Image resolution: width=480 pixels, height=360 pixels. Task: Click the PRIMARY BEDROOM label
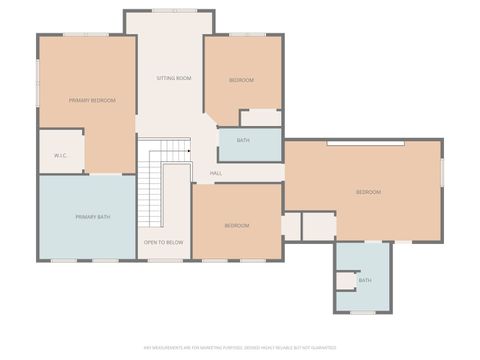click(92, 101)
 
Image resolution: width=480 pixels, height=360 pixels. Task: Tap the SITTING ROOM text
click(174, 78)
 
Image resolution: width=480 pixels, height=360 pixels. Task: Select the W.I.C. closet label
click(60, 156)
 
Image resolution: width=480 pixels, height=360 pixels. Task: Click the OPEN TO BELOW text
click(163, 242)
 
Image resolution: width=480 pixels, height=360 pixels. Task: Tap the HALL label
click(216, 173)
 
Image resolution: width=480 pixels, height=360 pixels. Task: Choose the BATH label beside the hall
click(243, 141)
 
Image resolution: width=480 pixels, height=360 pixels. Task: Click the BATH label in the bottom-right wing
click(365, 280)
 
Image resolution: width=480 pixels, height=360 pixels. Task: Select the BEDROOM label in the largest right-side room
click(368, 192)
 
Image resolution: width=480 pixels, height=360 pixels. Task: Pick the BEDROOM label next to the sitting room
click(241, 80)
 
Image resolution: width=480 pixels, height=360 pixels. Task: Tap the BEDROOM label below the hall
click(237, 226)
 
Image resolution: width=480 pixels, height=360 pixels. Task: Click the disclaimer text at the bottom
click(240, 349)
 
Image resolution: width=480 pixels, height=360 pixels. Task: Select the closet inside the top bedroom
click(260, 118)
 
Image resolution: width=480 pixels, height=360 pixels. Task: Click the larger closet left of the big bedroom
click(319, 226)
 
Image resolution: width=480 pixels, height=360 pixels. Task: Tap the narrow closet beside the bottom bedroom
click(290, 226)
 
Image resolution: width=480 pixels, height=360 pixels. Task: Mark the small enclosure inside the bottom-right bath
click(347, 281)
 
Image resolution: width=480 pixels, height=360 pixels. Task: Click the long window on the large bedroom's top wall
click(365, 143)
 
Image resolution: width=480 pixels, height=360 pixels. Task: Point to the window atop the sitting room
click(167, 11)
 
